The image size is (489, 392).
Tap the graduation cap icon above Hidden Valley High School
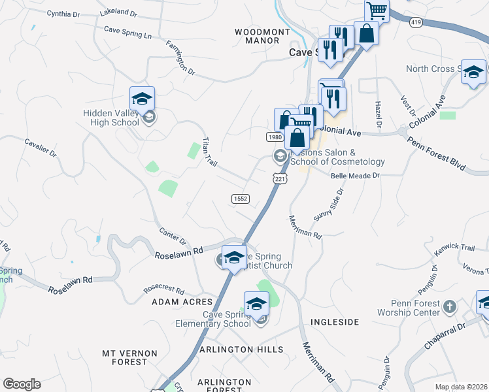pyautogui.click(x=142, y=99)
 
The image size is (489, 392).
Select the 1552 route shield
pyautogui.click(x=240, y=198)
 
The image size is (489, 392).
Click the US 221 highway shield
pyautogui.click(x=280, y=178)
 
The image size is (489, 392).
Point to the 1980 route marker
pyautogui.click(x=275, y=137)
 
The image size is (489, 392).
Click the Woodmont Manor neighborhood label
pyautogui.click(x=261, y=36)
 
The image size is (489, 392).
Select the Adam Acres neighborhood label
pyautogui.click(x=182, y=302)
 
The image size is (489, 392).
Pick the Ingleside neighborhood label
pyautogui.click(x=335, y=322)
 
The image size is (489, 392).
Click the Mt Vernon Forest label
pyautogui.click(x=129, y=357)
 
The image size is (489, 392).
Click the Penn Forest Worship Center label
pyautogui.click(x=425, y=308)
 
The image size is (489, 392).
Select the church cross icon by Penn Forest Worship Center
pyautogui.click(x=449, y=306)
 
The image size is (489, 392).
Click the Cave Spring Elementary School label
pyautogui.click(x=216, y=319)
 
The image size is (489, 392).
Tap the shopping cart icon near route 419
pyautogui.click(x=377, y=10)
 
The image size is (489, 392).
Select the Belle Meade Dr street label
pyautogui.click(x=355, y=176)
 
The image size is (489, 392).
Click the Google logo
pyautogui.click(x=22, y=384)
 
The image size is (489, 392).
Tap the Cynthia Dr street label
pyautogui.click(x=63, y=13)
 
